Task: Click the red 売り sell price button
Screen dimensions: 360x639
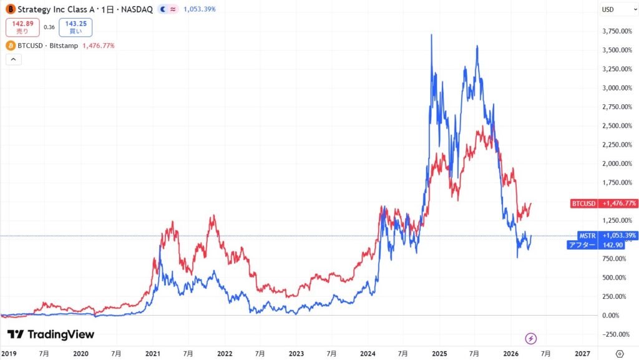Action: (x=22, y=27)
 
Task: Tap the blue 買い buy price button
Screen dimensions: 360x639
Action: (x=76, y=27)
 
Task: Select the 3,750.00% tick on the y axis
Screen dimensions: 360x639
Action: (x=615, y=31)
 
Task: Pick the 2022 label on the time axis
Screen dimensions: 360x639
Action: (x=225, y=353)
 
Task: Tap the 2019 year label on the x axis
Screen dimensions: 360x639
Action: (x=9, y=353)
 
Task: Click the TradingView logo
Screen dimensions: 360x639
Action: (x=51, y=334)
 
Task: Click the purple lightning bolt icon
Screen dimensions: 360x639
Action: (x=530, y=338)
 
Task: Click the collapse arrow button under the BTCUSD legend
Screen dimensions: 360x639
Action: (x=13, y=60)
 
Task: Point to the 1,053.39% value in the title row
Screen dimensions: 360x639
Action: (x=199, y=9)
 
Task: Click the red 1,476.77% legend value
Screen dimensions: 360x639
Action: (x=98, y=46)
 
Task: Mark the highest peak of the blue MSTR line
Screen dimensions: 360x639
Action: (x=432, y=35)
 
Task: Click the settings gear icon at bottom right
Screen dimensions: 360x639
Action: (x=619, y=353)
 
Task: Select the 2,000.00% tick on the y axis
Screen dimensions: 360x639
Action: (x=615, y=163)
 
